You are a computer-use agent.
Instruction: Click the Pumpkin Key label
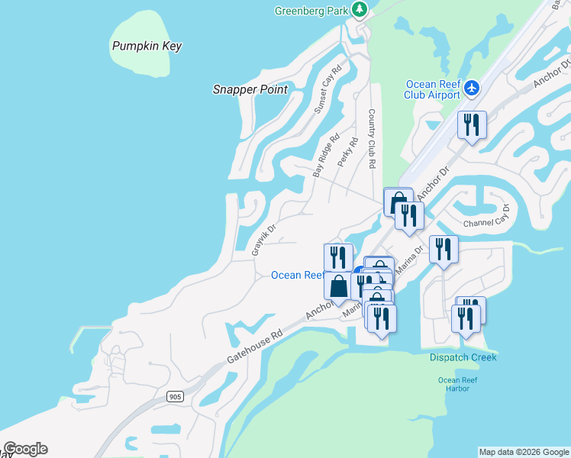pos(147,46)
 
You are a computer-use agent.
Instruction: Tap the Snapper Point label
pos(250,89)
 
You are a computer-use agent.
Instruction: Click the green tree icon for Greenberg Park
pos(360,10)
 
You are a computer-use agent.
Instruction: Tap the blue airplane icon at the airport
pos(472,89)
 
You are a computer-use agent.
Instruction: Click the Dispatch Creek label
pos(463,357)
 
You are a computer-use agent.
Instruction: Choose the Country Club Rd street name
pos(372,138)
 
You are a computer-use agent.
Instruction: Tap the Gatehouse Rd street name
pos(255,347)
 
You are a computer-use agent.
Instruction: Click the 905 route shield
pos(175,396)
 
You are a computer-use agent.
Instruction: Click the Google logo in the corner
pos(25,449)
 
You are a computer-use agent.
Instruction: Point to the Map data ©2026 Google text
pos(524,452)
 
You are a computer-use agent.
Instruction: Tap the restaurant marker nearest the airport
pos(472,124)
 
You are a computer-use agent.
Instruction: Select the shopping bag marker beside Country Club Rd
pos(397,202)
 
